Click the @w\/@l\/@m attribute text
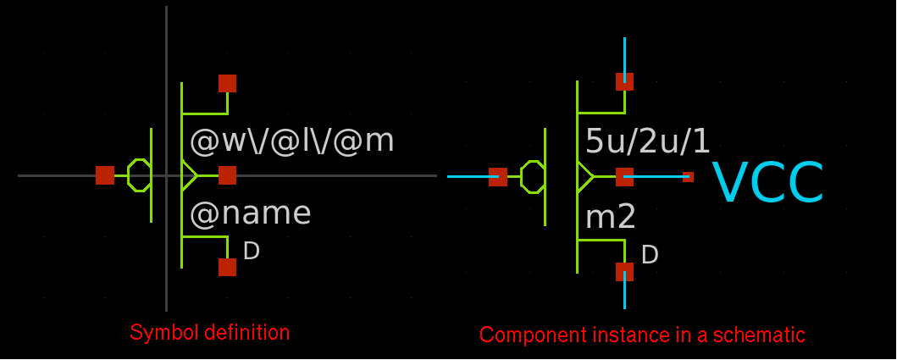(x=292, y=141)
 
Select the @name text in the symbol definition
(x=250, y=213)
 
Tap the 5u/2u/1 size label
(x=648, y=141)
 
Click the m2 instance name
(x=611, y=218)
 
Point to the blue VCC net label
(x=767, y=184)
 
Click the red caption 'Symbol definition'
(x=209, y=332)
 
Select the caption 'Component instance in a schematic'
(x=642, y=335)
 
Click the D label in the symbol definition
(x=251, y=251)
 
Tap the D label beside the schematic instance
(x=650, y=255)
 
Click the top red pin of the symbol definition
(x=227, y=83)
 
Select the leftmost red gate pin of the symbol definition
(x=105, y=175)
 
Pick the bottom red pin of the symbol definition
(x=227, y=267)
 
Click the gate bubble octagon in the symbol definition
(x=139, y=175)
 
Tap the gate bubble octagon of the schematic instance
(x=533, y=176)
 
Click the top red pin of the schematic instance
(x=624, y=81)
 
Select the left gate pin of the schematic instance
(x=498, y=176)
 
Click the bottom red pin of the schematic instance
(x=624, y=272)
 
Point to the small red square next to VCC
(x=688, y=176)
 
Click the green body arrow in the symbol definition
(x=190, y=175)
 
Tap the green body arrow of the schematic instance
(x=585, y=176)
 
